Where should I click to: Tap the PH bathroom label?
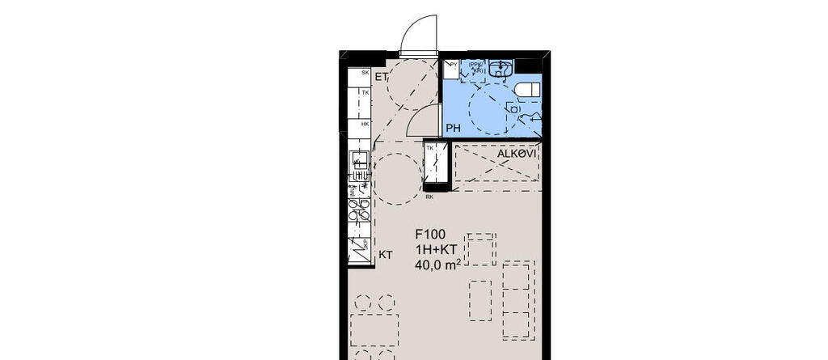[x=454, y=128]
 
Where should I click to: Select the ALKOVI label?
[x=517, y=153]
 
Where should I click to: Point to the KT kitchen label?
[x=386, y=255]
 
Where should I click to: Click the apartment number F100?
[x=431, y=234]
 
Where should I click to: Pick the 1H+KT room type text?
[x=437, y=248]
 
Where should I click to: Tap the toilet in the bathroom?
[x=528, y=88]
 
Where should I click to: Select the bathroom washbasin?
[x=502, y=64]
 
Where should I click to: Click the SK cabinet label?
[x=365, y=74]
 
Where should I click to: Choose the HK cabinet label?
[x=365, y=124]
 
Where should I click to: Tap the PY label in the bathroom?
[x=454, y=64]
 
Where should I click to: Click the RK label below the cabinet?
[x=429, y=197]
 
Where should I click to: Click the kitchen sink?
[x=357, y=166]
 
